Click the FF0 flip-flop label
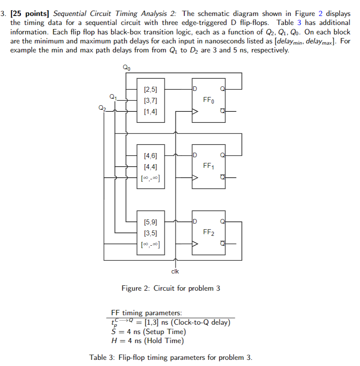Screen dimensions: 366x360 pos(208,100)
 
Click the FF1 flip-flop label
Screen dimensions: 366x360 pos(208,166)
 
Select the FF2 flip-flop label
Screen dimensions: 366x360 pos(208,233)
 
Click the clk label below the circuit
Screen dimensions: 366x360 pos(175,271)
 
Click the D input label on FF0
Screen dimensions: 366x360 pos(195,89)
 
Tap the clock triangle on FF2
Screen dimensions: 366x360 pos(196,244)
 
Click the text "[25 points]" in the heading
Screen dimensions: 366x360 pos(30,14)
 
